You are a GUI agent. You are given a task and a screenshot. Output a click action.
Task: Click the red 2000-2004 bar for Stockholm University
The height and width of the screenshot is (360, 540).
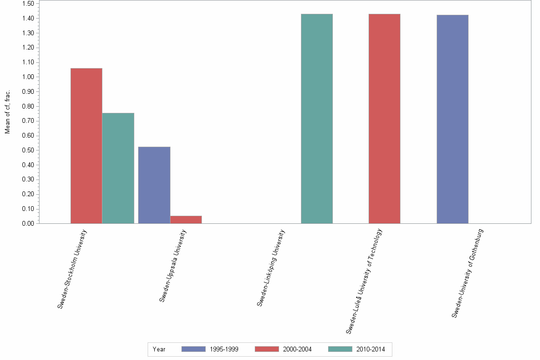(86, 146)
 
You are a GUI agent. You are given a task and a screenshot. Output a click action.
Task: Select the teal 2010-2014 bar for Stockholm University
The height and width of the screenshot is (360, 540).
(118, 168)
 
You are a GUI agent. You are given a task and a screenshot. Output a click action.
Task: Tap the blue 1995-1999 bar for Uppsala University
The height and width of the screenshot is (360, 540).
(154, 185)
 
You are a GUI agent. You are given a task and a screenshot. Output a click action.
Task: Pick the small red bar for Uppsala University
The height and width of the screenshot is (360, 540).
(186, 220)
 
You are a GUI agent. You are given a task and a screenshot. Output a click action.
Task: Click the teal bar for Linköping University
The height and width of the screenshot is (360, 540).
(317, 119)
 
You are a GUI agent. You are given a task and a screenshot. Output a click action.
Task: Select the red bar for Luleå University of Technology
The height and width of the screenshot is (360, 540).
(384, 119)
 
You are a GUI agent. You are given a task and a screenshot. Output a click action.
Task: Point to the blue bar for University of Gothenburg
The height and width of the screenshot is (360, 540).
(452, 119)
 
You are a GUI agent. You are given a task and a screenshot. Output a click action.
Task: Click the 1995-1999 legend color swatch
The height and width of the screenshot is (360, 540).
(194, 349)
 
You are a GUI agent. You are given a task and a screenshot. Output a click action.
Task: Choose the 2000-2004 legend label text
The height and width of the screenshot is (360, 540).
(297, 349)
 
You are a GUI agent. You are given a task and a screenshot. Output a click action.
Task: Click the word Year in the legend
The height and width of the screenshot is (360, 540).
(159, 349)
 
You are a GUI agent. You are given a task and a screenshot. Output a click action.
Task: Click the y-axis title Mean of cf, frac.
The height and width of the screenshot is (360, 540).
(8, 111)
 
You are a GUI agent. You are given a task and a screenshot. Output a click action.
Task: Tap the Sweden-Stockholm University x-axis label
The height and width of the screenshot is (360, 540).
(72, 269)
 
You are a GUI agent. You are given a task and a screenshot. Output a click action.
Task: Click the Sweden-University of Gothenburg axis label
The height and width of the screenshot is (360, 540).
(468, 273)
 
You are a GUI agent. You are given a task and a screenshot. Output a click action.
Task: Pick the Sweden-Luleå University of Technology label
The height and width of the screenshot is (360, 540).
(364, 281)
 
